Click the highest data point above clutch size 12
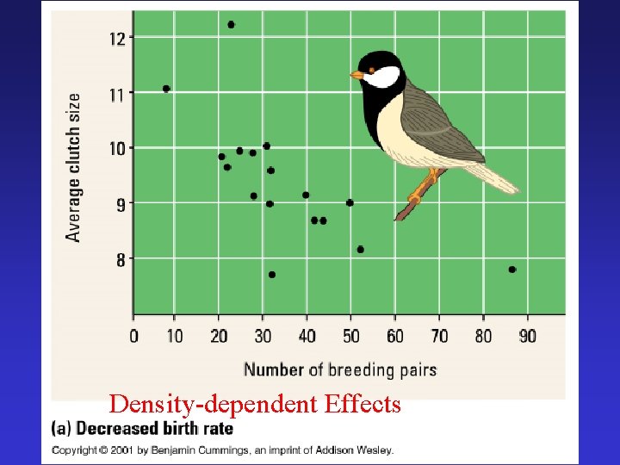pyautogui.click(x=231, y=24)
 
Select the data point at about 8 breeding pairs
pyautogui.click(x=166, y=89)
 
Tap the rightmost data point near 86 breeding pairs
pyautogui.click(x=512, y=270)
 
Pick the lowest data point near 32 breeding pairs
pyautogui.click(x=272, y=275)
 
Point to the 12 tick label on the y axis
pyautogui.click(x=117, y=37)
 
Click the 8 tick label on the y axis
pyautogui.click(x=121, y=259)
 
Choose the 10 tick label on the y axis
pyautogui.click(x=117, y=148)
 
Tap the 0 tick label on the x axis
pyautogui.click(x=133, y=336)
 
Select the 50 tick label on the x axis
pyautogui.click(x=350, y=336)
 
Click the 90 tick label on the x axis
pyautogui.click(x=526, y=336)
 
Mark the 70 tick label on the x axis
pyautogui.click(x=439, y=336)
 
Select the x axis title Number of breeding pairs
pyautogui.click(x=340, y=370)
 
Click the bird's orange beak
pyautogui.click(x=356, y=76)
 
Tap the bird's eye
pyautogui.click(x=372, y=69)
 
